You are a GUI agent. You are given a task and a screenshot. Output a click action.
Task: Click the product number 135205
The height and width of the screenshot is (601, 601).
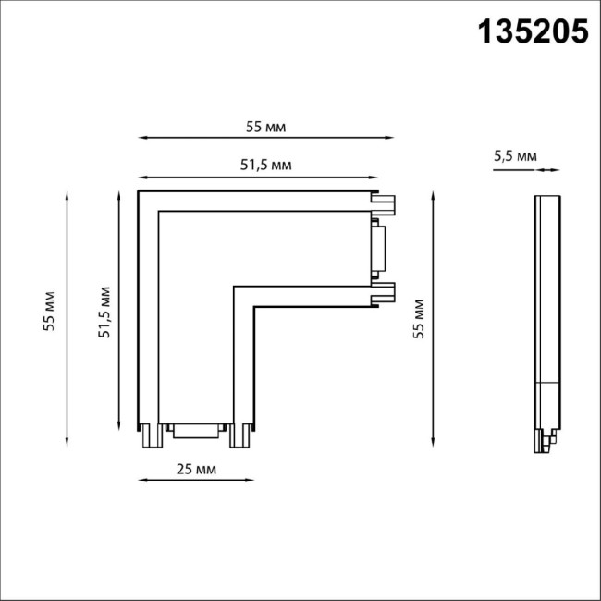tap(532, 32)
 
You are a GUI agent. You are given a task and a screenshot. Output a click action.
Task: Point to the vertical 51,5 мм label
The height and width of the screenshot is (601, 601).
tap(105, 313)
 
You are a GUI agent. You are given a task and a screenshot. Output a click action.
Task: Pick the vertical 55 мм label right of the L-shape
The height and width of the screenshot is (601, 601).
tap(418, 318)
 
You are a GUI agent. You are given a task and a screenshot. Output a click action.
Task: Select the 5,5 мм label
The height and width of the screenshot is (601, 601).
tap(515, 156)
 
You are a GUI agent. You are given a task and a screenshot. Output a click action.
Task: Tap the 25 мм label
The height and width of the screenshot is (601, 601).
tap(195, 470)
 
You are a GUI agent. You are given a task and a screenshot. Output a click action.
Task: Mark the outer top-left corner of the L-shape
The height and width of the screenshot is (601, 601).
tap(140, 191)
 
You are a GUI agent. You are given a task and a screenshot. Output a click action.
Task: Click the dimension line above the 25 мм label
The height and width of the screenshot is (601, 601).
tap(195, 480)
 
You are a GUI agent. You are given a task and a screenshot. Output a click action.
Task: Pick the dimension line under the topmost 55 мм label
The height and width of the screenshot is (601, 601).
tap(266, 139)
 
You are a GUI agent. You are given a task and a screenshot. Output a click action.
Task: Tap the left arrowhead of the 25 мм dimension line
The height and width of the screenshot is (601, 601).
tap(142, 480)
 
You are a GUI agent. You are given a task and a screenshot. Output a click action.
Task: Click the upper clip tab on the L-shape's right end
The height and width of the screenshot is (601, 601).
tap(384, 199)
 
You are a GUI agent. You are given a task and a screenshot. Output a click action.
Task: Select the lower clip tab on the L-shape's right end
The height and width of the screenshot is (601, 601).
tap(384, 294)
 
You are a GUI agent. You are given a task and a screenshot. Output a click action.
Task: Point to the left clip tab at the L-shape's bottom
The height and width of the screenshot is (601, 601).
tap(148, 435)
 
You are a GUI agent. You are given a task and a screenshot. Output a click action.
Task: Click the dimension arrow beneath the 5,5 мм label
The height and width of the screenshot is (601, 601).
tap(548, 170)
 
